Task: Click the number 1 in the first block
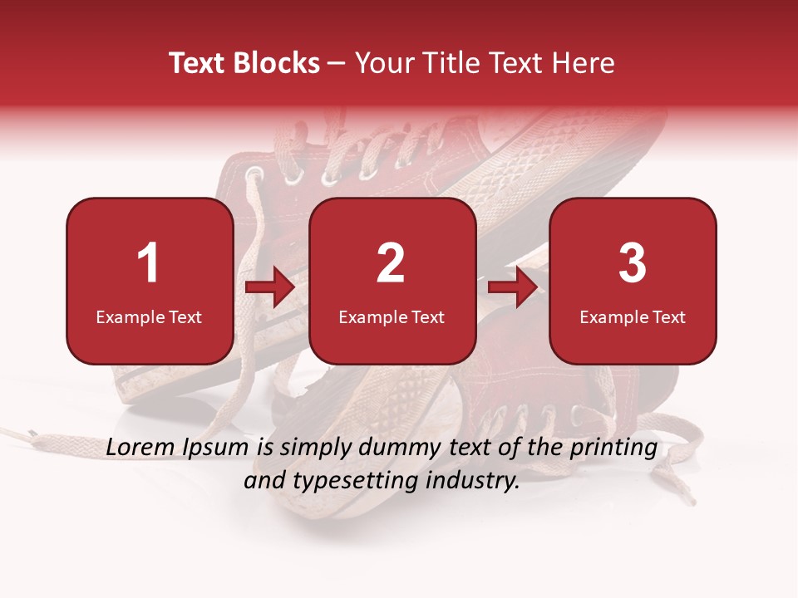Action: click(x=149, y=263)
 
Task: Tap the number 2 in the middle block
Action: click(x=391, y=263)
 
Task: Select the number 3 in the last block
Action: click(x=633, y=263)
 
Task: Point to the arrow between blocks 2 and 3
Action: click(x=513, y=288)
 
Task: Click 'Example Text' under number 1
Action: click(x=149, y=317)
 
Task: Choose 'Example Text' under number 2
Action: click(x=392, y=317)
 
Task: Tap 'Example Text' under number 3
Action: click(x=633, y=317)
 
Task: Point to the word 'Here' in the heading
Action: click(x=584, y=63)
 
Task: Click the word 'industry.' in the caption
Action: click(x=475, y=480)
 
